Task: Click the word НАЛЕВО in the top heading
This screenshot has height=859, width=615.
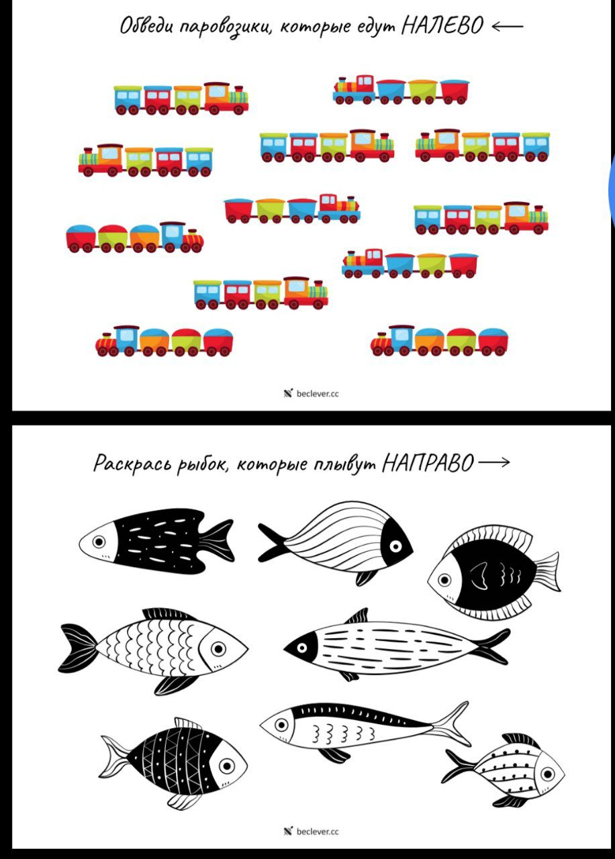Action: pos(442,26)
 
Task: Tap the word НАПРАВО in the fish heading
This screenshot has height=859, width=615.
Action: pos(428,462)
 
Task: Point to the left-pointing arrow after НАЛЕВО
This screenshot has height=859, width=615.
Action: pos(507,26)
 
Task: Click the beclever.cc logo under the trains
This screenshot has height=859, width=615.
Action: pos(311,393)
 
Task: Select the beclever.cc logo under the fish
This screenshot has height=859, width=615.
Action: pos(311,831)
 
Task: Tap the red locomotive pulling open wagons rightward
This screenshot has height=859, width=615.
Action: pos(339,208)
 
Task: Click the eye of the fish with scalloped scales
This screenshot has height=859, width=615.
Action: pos(218,649)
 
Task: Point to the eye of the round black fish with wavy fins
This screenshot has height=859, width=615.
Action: pos(444,579)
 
